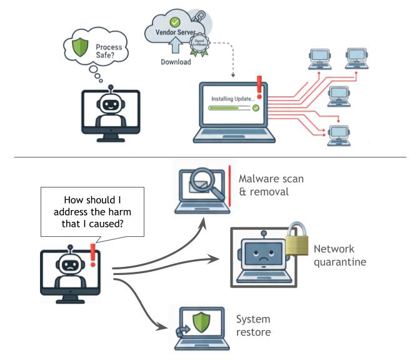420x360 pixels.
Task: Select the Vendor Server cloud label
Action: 169,31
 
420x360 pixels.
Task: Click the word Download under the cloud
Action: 176,62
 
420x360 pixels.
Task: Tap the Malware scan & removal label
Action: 271,185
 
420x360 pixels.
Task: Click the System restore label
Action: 254,326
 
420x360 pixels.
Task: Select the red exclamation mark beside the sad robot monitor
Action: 94,255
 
